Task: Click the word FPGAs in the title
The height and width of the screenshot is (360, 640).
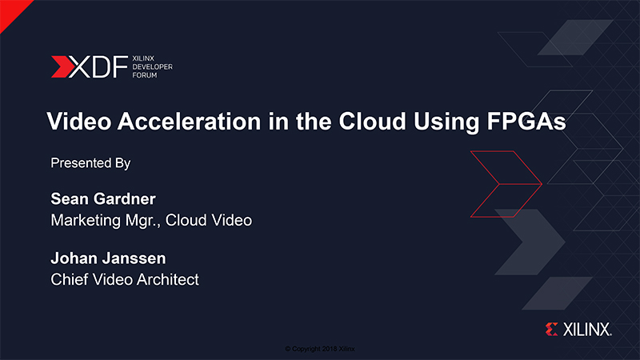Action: [526, 122]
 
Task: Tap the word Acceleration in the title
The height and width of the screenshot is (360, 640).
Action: [189, 122]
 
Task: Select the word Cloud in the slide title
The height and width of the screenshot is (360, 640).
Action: [372, 122]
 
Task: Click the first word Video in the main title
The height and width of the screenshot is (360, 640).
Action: [79, 122]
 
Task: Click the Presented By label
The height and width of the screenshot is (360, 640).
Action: [90, 163]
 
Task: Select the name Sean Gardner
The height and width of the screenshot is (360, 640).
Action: [103, 198]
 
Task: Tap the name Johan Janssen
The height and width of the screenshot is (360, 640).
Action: [108, 258]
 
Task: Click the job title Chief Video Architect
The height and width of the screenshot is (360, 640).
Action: [125, 279]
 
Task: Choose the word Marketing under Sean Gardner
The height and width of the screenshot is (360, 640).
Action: [86, 221]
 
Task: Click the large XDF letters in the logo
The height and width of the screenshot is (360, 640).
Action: [98, 67]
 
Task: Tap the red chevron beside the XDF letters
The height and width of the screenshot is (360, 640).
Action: [62, 67]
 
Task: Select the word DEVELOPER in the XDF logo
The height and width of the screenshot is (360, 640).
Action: [152, 67]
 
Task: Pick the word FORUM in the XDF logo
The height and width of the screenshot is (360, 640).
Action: [145, 75]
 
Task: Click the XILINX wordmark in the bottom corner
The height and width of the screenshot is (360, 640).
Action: [587, 330]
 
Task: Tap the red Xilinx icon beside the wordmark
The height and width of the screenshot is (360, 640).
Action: [551, 330]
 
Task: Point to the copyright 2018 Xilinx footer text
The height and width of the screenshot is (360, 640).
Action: [320, 349]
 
